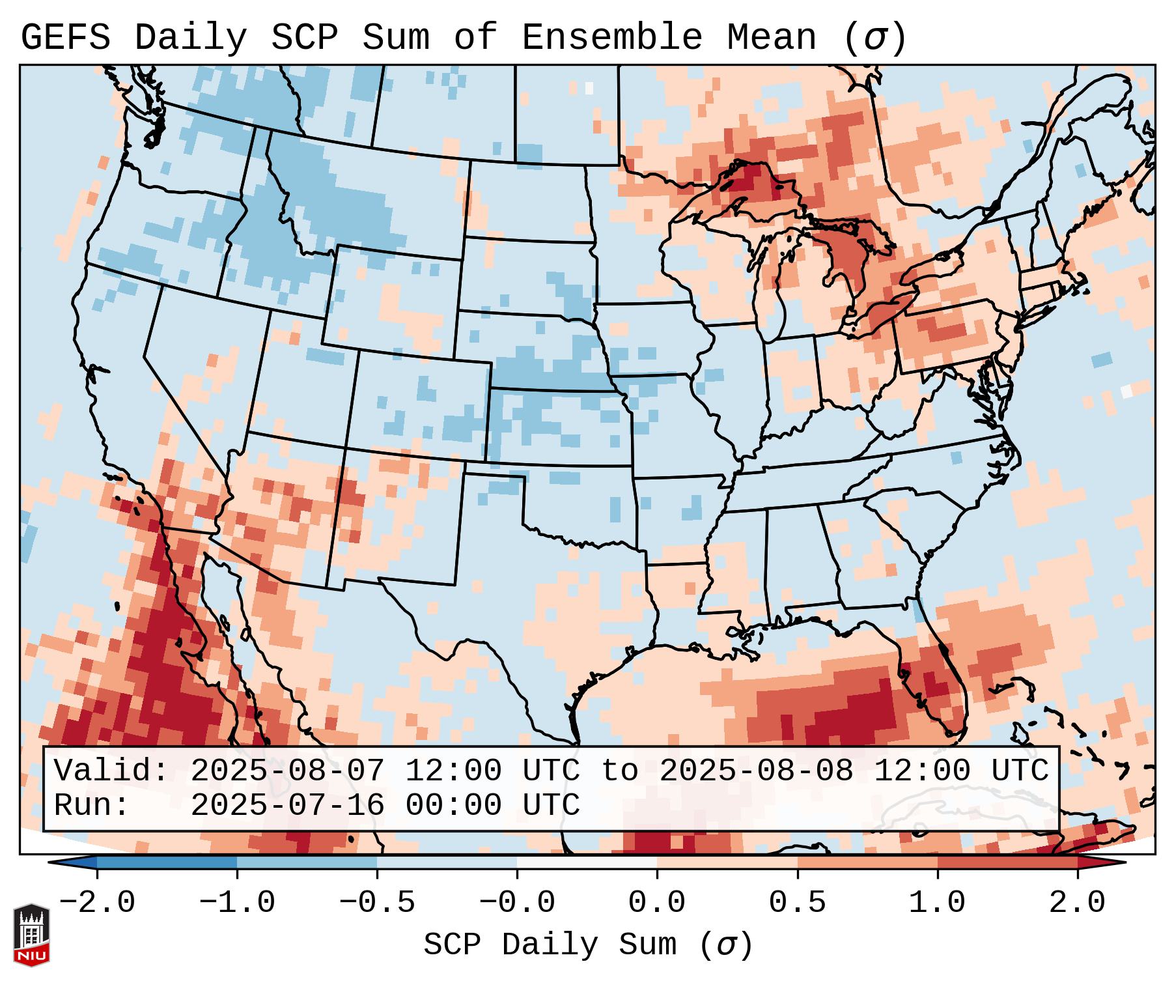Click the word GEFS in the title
click(x=65, y=38)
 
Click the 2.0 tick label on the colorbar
click(x=1077, y=903)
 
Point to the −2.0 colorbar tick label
click(x=97, y=903)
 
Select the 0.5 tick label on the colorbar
click(x=797, y=903)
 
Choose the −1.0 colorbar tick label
click(x=236, y=903)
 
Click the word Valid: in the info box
click(x=111, y=771)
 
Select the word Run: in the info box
click(x=91, y=805)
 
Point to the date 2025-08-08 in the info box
click(x=756, y=771)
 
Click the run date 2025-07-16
click(x=287, y=805)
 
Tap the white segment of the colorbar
click(x=587, y=862)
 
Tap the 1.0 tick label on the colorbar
click(x=937, y=903)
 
